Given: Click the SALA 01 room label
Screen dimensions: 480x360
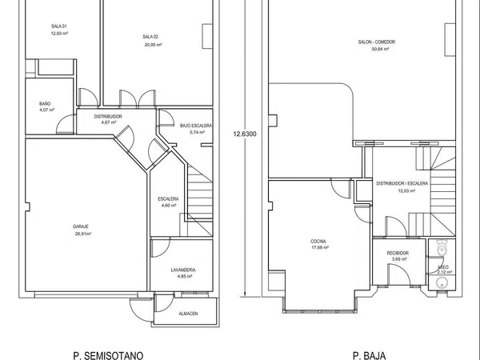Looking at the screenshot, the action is click(58, 26).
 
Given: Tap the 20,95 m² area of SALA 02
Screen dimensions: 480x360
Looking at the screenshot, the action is click(153, 45).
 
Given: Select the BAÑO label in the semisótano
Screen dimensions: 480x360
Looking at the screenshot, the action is click(45, 104).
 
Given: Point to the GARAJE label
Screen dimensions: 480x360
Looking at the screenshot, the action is click(81, 226).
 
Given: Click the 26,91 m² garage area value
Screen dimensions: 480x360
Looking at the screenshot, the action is click(83, 234).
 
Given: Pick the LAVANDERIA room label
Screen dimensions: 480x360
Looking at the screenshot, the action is click(183, 270).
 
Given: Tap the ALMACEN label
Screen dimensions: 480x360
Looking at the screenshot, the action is click(188, 314).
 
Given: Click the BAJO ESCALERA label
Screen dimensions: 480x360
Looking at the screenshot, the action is click(196, 126).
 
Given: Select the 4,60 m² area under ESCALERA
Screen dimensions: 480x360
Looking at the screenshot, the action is click(169, 206).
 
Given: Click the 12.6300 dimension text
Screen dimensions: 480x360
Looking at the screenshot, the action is click(245, 134).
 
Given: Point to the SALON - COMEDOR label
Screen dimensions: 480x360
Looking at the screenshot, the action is click(377, 42).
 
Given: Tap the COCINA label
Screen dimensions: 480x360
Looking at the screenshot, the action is click(318, 242).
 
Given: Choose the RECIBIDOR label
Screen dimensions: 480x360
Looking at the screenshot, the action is click(398, 253).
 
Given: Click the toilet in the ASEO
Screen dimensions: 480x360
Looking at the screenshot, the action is click(442, 247).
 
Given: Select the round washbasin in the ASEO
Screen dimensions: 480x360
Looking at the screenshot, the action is click(441, 283).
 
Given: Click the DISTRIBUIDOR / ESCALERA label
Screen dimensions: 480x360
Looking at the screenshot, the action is click(402, 184).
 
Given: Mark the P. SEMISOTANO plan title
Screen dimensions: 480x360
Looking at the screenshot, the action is click(108, 355).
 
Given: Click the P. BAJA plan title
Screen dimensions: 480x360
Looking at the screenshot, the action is click(369, 355).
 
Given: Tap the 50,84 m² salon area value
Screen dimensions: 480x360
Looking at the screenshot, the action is click(380, 49).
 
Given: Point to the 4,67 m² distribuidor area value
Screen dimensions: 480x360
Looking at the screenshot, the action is click(109, 122).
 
